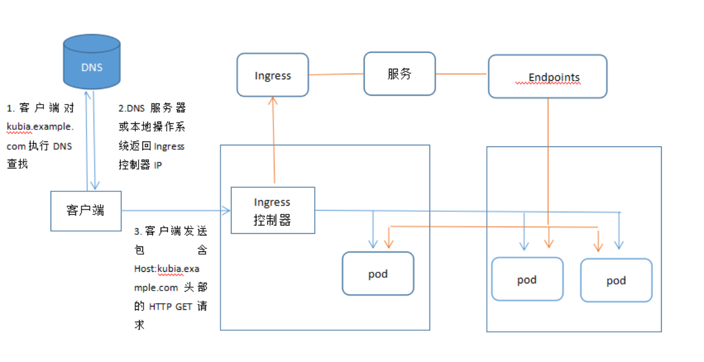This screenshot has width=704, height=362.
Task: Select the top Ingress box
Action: pos(272,74)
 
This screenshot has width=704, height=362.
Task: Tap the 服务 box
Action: pos(399,74)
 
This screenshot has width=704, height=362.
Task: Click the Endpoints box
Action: pos(547,76)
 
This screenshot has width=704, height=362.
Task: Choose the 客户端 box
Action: pos(86,211)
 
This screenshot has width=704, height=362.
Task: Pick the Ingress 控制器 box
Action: pos(272,210)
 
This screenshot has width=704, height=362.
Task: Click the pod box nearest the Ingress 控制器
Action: pos(378,273)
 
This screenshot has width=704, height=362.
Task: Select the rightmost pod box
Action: pos(616,280)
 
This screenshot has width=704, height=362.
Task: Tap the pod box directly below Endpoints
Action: pos(527,279)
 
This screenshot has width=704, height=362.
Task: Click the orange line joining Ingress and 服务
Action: pos(335,74)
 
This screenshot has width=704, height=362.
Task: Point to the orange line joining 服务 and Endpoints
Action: pos(461,74)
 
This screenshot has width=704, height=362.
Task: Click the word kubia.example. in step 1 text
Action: pos(39,126)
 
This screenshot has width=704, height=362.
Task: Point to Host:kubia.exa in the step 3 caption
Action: pos(167,268)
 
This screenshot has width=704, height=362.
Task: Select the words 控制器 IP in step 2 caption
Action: pos(140,164)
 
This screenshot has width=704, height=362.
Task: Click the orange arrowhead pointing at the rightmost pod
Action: pos(598,247)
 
